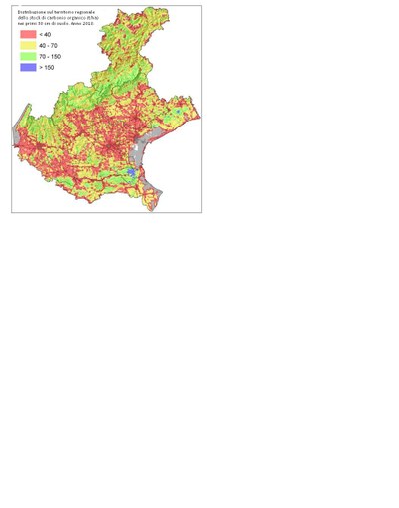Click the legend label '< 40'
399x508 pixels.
pos(45,35)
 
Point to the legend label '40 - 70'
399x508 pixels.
pos(47,46)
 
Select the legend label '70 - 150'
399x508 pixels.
pos(49,56)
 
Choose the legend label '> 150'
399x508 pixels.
pos(46,67)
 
